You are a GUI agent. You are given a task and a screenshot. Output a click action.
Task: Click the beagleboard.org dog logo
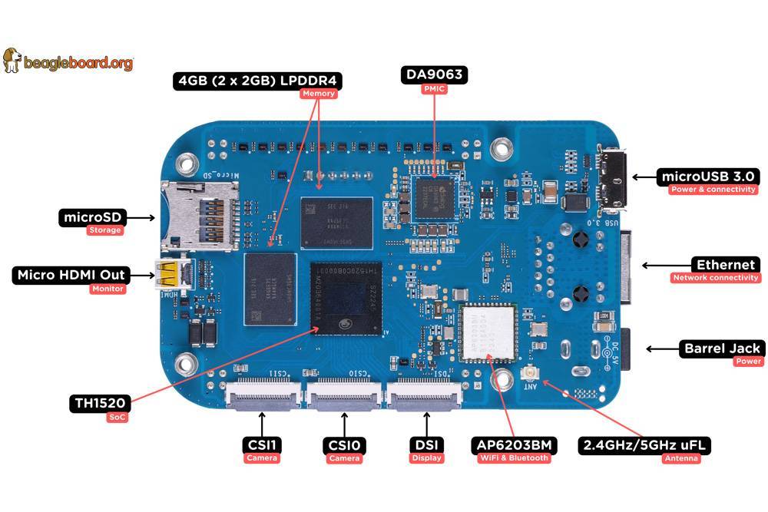(x=12, y=60)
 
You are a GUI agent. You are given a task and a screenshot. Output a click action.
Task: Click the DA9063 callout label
(x=435, y=75)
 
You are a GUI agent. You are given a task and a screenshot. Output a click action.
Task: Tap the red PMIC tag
(x=435, y=89)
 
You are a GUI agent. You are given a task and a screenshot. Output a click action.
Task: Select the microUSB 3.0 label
(x=710, y=177)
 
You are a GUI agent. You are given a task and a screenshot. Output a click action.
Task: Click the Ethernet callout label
(x=726, y=265)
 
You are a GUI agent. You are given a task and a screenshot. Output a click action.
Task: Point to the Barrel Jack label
(x=721, y=348)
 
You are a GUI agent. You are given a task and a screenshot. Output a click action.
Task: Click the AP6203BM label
(x=514, y=445)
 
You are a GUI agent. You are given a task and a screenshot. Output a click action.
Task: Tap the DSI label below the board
(x=426, y=444)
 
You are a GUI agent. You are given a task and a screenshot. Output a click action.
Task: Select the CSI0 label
(x=343, y=445)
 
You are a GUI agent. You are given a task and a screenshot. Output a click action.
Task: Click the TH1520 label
(x=100, y=403)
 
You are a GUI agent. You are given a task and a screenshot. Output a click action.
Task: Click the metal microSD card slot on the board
(x=201, y=216)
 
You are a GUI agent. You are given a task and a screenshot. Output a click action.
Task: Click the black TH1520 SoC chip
(x=345, y=298)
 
